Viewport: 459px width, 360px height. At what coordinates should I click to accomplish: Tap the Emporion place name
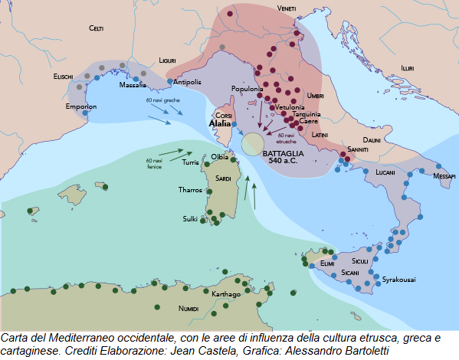[80, 106]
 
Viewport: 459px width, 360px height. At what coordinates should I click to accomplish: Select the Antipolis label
[188, 82]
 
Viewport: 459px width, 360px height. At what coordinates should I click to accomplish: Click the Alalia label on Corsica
[220, 122]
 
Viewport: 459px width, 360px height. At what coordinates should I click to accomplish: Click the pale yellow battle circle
[253, 142]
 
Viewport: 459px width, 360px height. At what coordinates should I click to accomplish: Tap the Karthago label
[226, 294]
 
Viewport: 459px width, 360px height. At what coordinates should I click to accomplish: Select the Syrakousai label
[399, 280]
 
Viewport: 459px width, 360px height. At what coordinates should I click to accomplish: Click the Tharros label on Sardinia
[190, 189]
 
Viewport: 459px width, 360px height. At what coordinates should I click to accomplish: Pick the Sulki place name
[190, 218]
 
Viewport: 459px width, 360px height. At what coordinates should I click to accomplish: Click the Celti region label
[96, 28]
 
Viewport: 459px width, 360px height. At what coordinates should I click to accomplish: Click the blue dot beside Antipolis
[170, 80]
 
